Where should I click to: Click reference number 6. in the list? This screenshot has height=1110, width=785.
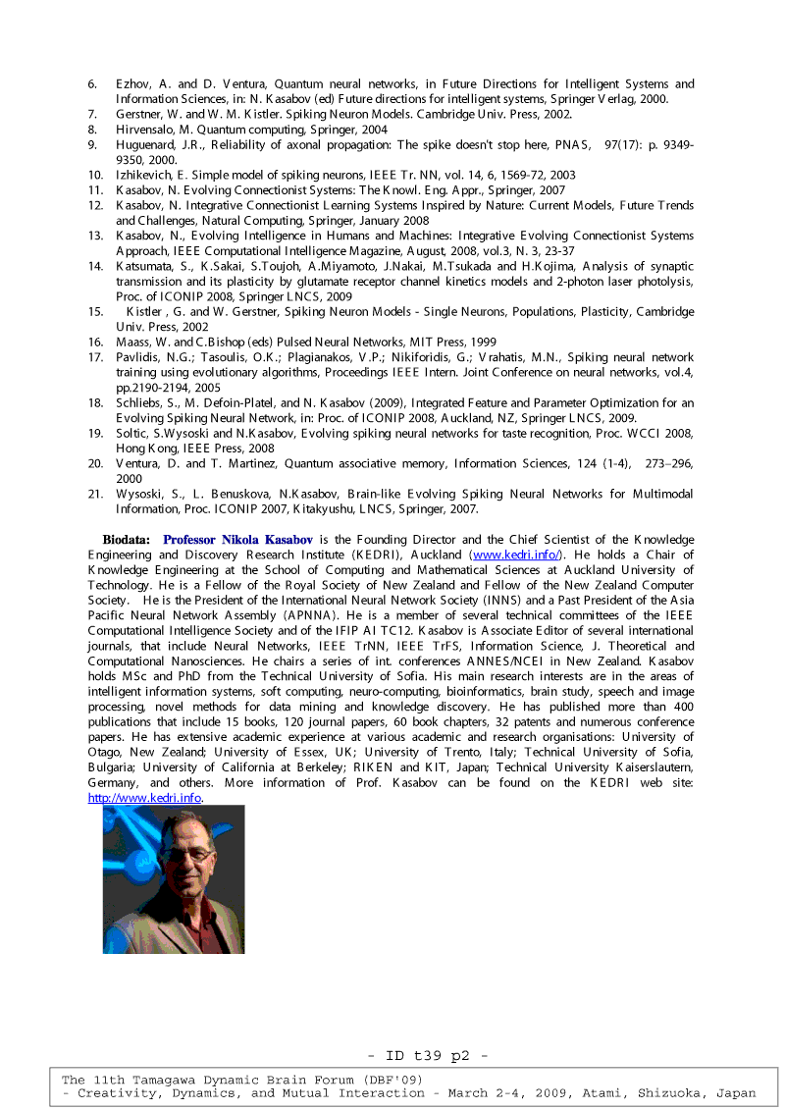coord(92,84)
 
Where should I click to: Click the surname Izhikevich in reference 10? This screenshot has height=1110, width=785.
coord(147,175)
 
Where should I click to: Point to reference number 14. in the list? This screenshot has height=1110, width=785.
coord(95,266)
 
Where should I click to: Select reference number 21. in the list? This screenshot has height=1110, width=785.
coord(95,494)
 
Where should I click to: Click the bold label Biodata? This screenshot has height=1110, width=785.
coord(127,540)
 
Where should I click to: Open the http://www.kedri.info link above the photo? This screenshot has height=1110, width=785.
coord(144,798)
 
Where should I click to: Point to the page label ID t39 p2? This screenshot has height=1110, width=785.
coord(428,1057)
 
